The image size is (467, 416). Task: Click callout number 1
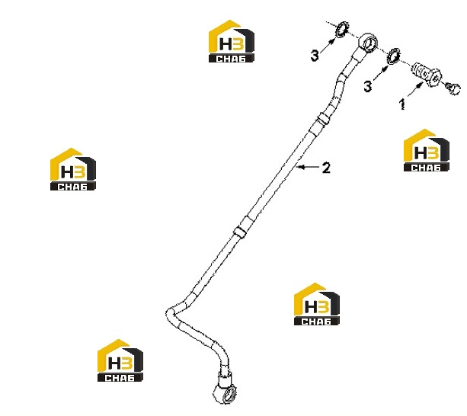tap(402, 104)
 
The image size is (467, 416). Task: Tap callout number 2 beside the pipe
tap(326, 168)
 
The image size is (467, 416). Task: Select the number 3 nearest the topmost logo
tap(315, 56)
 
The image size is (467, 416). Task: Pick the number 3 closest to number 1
tap(368, 86)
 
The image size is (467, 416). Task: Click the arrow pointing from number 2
tap(308, 167)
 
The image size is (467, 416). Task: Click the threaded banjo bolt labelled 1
tap(427, 74)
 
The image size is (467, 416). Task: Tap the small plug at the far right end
tap(453, 88)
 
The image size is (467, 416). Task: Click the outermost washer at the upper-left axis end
tap(341, 30)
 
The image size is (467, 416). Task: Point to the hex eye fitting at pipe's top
tap(367, 43)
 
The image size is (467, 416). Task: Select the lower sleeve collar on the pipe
tap(240, 232)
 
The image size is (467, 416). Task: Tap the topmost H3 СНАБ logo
tap(232, 41)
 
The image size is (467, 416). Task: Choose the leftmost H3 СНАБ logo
tap(73, 169)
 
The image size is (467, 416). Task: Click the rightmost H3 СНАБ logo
tap(427, 150)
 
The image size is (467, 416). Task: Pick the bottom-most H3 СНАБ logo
tap(120, 360)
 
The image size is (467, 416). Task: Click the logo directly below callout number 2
tap(317, 304)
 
